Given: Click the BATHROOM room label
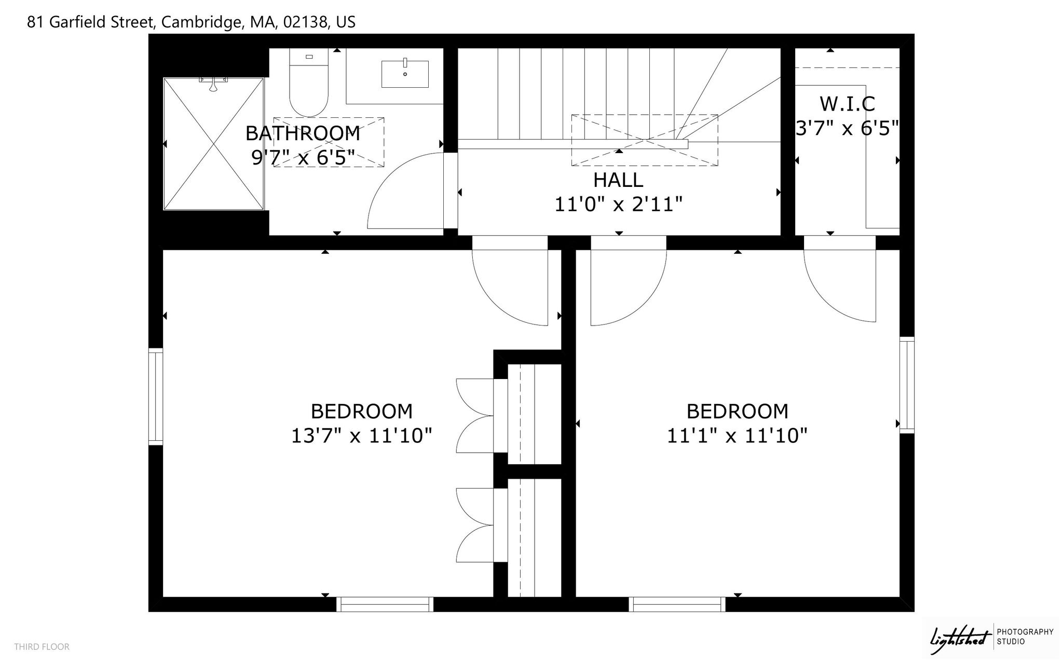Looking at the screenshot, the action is pos(303,133).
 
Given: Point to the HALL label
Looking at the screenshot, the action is pos(618,180).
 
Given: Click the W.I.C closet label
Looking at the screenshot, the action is pos(847,104).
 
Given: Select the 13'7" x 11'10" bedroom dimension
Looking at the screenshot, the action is pos(362,436).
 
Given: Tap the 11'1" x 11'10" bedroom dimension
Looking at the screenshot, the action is pos(737,436).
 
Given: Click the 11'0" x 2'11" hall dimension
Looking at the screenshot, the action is pos(618,205).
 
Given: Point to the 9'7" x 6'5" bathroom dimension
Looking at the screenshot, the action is pos(303,157).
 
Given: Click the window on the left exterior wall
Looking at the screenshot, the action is pos(156,397).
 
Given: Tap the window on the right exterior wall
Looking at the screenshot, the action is pos(907,385).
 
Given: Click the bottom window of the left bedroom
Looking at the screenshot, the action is pos(385,604).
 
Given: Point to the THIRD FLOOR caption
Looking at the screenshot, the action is pos(42,647).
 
